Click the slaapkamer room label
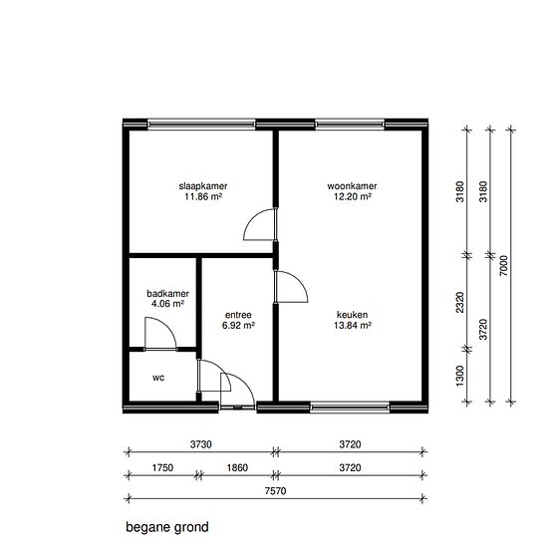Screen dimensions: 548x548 click(203, 186)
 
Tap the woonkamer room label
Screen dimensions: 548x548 click(352, 186)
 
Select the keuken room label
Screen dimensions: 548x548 click(352, 315)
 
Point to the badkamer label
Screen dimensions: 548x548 click(167, 294)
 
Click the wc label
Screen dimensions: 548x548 click(158, 378)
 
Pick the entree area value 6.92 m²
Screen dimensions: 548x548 click(238, 326)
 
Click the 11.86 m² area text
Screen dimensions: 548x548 click(203, 196)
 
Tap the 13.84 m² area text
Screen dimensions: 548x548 click(353, 326)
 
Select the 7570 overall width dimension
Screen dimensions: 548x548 click(275, 491)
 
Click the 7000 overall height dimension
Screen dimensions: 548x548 click(503, 266)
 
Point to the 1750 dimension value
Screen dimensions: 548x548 click(162, 467)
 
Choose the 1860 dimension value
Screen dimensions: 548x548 click(237, 467)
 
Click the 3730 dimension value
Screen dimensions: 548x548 click(201, 444)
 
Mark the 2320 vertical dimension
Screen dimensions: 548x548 click(460, 302)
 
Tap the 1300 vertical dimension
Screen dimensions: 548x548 click(460, 376)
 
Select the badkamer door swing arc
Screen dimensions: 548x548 click(167, 326)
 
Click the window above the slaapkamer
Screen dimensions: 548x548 click(201, 125)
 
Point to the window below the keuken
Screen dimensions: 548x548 click(350, 408)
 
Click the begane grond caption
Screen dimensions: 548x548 click(167, 527)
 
